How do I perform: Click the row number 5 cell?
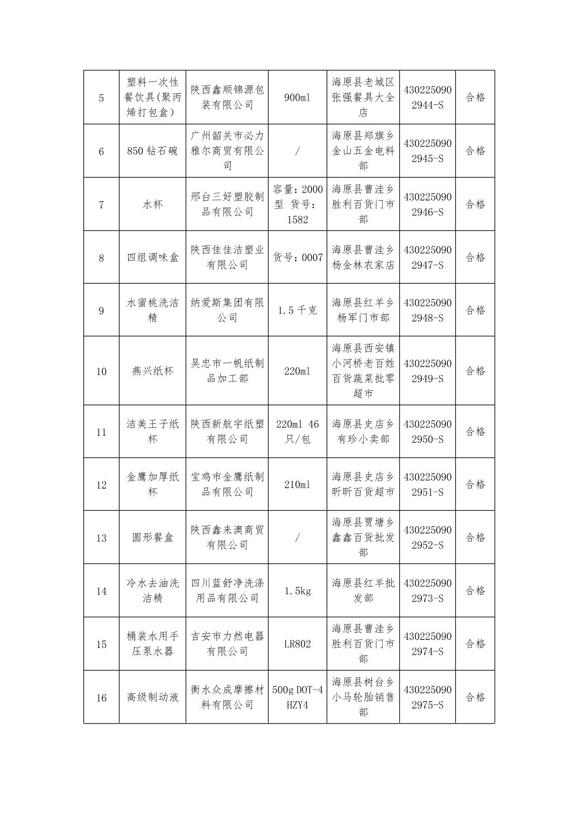[x=101, y=98]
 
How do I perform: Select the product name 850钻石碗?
[x=152, y=151]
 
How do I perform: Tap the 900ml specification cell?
[x=297, y=97]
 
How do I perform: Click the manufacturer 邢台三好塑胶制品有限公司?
[x=227, y=204]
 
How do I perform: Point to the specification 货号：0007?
[x=297, y=258]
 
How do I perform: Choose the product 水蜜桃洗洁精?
[x=152, y=311]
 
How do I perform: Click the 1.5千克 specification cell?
[x=297, y=311]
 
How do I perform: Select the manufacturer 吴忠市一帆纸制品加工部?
[x=227, y=371]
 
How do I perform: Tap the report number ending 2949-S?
[x=427, y=371]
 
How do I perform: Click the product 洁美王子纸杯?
[x=152, y=432]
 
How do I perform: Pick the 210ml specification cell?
[x=297, y=484]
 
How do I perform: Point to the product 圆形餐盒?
[x=152, y=538]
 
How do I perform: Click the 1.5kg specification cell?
[x=297, y=591]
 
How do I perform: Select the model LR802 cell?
[x=297, y=644]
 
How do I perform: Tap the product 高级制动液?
[x=152, y=697]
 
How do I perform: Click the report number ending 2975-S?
[x=427, y=697]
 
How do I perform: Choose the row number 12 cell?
[x=101, y=485]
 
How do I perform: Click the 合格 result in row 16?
[x=475, y=697]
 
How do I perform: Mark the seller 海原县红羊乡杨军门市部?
[x=363, y=311]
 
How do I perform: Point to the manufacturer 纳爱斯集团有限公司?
[x=227, y=311]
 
